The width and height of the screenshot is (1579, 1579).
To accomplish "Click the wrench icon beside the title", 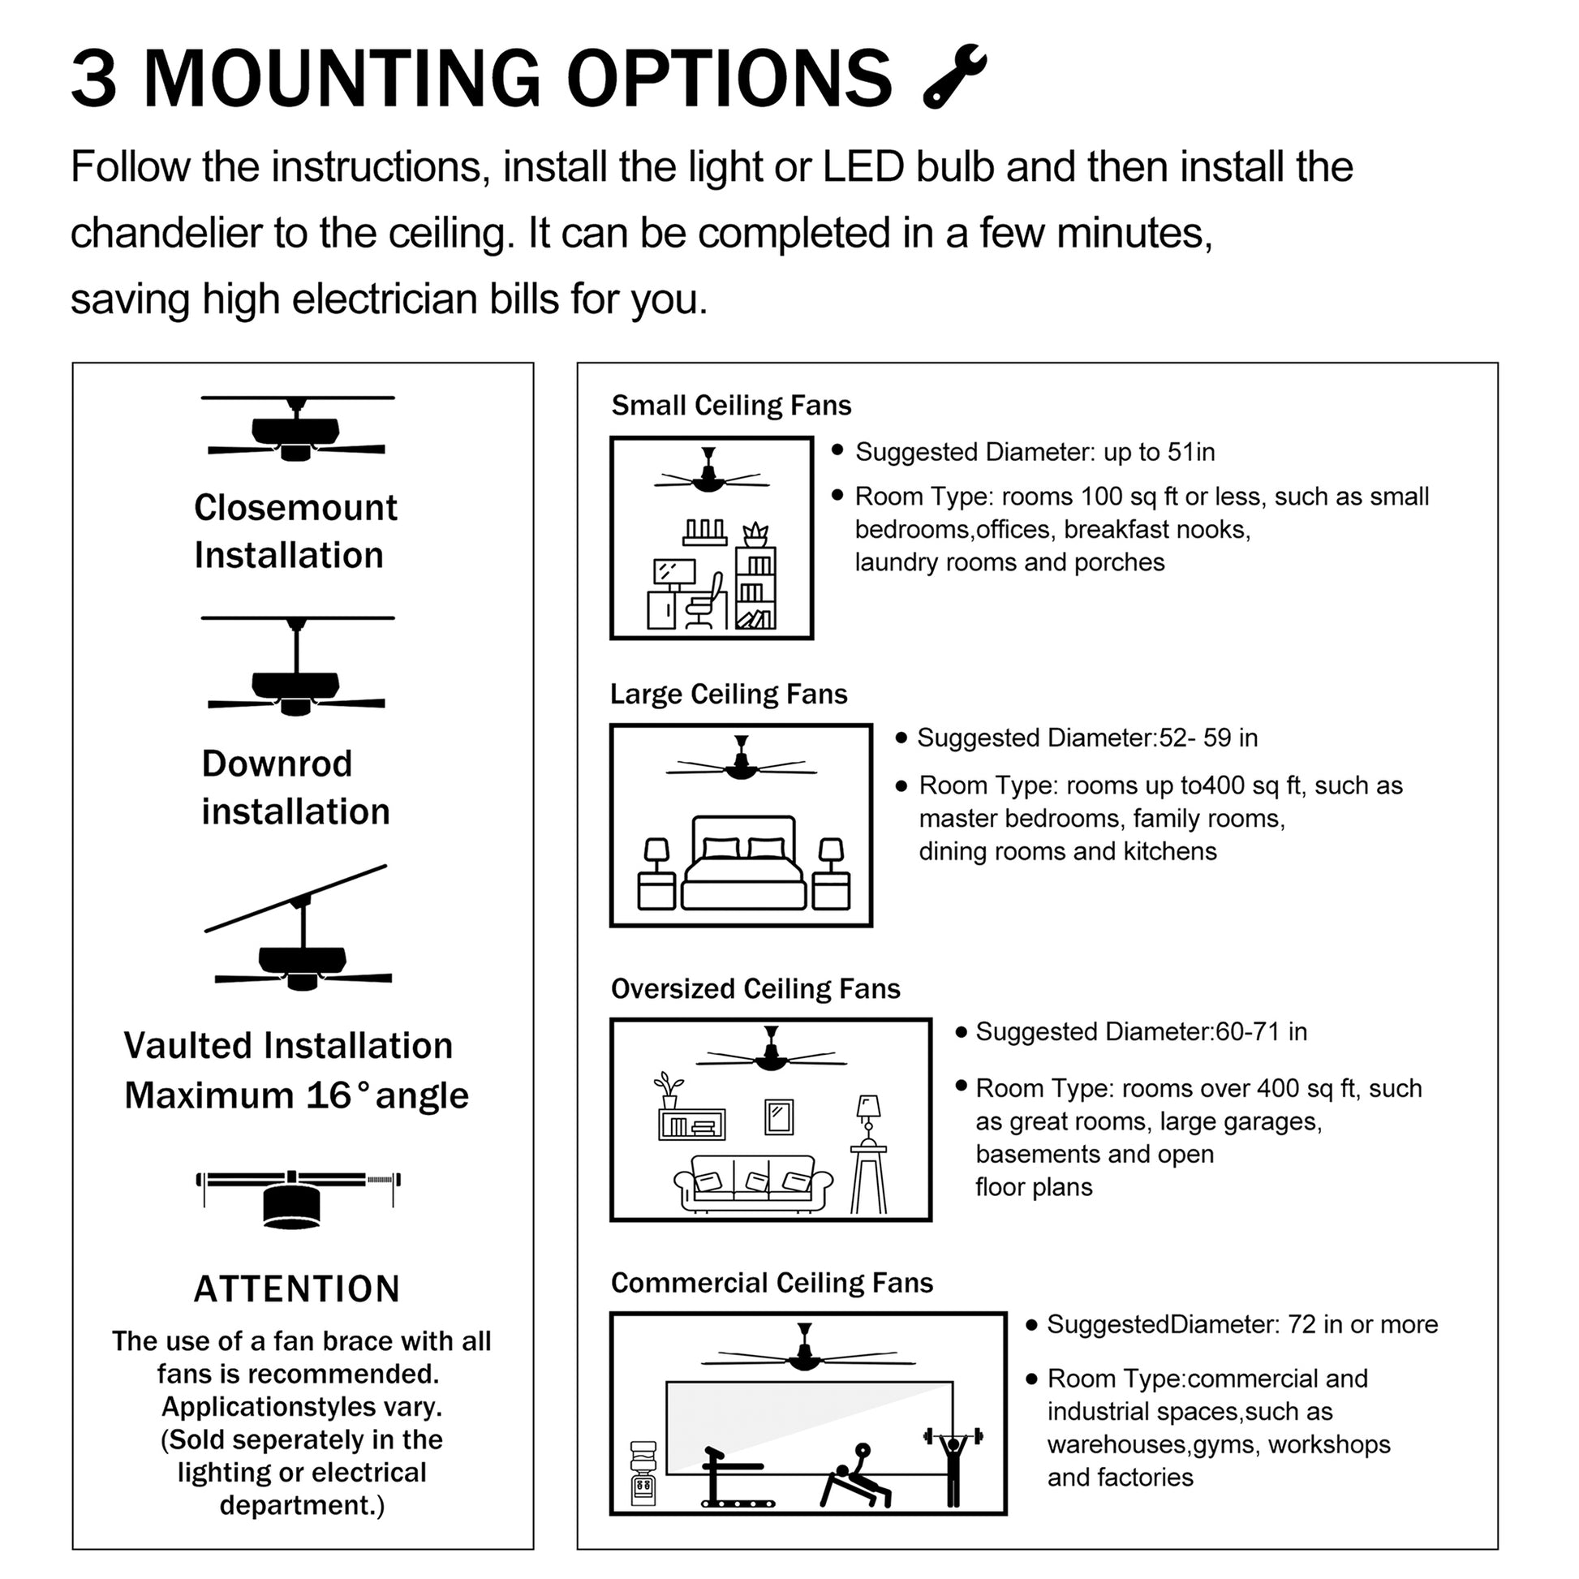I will pyautogui.click(x=953, y=76).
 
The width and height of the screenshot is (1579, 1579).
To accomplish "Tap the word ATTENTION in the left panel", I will pyautogui.click(x=297, y=1289).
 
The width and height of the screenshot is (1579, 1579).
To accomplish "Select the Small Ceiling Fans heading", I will pyautogui.click(x=730, y=406).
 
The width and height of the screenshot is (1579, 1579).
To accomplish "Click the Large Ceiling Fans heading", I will pyautogui.click(x=728, y=694).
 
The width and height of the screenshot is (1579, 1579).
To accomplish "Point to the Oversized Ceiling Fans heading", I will pyautogui.click(x=755, y=989).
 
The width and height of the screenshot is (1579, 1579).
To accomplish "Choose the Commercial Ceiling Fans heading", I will pyautogui.click(x=772, y=1283).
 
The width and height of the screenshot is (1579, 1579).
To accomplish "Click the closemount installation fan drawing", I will pyautogui.click(x=297, y=430).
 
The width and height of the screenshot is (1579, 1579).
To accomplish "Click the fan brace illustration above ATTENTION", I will pyautogui.click(x=297, y=1197).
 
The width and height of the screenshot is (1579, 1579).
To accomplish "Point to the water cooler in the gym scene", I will pyautogui.click(x=644, y=1472).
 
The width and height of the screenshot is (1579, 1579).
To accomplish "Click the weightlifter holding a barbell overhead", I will pyautogui.click(x=952, y=1463).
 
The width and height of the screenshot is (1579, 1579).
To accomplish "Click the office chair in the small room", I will pyautogui.click(x=705, y=600).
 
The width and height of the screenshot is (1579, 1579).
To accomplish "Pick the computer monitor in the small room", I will pyautogui.click(x=674, y=572).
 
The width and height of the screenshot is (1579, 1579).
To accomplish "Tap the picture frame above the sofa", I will pyautogui.click(x=779, y=1116).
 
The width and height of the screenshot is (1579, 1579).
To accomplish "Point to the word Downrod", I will pyautogui.click(x=277, y=764).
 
